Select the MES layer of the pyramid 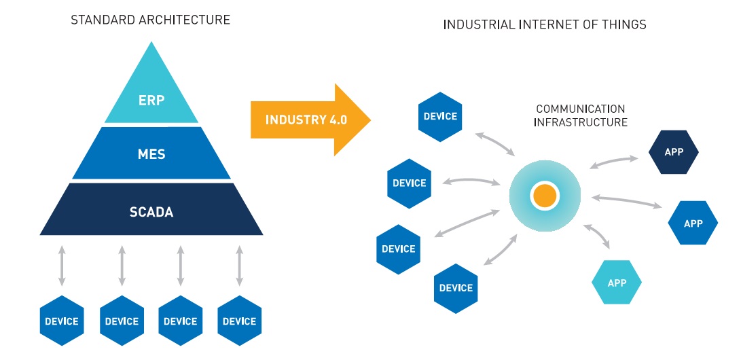[x=151, y=153]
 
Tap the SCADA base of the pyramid [x=151, y=211]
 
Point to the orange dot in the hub [x=545, y=196]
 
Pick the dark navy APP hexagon [x=674, y=152]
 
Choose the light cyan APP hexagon [x=616, y=283]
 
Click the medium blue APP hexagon [x=693, y=223]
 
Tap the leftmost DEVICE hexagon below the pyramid [x=62, y=321]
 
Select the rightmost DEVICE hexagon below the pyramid [x=239, y=321]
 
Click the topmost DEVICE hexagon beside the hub [x=440, y=117]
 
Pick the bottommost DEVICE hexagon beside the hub [x=456, y=288]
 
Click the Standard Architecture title [x=151, y=20]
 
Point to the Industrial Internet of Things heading [x=545, y=24]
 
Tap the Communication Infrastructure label [x=580, y=115]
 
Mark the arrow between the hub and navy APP [x=613, y=162]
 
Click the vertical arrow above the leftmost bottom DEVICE [x=62, y=266]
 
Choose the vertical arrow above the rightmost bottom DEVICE [x=239, y=266]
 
